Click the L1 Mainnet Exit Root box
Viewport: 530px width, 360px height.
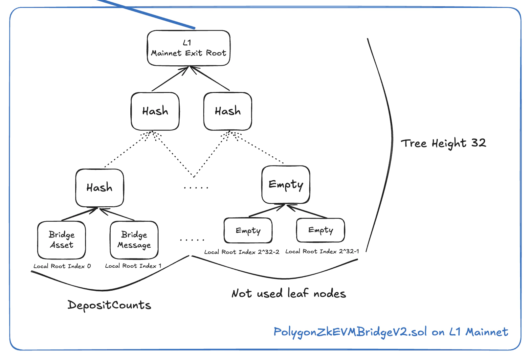click(188, 48)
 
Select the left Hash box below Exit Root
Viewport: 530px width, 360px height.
click(155, 111)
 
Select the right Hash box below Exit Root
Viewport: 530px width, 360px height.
click(228, 111)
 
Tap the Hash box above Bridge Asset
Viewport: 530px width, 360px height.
click(99, 188)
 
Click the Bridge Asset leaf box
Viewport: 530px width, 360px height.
click(61, 240)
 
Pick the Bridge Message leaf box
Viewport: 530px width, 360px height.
click(134, 240)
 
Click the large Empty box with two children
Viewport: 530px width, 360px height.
click(286, 185)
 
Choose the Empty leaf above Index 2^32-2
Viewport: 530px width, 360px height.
click(248, 231)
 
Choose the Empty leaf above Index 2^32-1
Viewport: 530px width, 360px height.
click(320, 230)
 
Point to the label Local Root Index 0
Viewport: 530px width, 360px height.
click(62, 266)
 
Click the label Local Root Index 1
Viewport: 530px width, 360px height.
click(133, 266)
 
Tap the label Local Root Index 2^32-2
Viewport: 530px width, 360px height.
click(242, 252)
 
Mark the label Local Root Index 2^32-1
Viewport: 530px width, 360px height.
click(322, 251)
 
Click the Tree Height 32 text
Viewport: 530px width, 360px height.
click(443, 143)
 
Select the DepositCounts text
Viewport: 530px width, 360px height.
click(109, 305)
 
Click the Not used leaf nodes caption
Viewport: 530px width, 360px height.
click(289, 293)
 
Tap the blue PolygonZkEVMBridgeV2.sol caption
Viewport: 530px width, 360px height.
click(390, 332)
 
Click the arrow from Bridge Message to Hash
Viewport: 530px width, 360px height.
click(117, 214)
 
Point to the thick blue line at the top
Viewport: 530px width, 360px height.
click(148, 14)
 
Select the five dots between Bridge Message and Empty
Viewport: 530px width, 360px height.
click(192, 240)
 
